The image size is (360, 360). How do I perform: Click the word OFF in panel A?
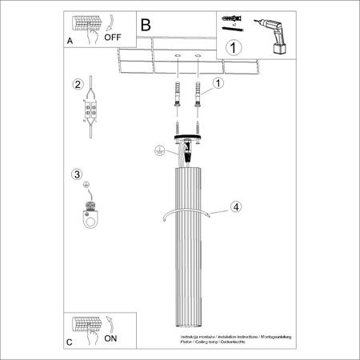pyautogui.click(x=114, y=35)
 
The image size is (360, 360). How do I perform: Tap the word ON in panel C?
pyautogui.click(x=111, y=339)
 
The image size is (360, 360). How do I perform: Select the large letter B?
pyautogui.click(x=146, y=25)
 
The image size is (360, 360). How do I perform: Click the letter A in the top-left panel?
pyautogui.click(x=70, y=38)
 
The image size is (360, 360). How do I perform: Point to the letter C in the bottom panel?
pyautogui.click(x=70, y=342)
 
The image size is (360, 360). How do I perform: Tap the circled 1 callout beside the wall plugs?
pyautogui.click(x=218, y=82)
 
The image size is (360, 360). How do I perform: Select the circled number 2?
pyautogui.click(x=78, y=85)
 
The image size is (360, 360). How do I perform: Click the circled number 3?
pyautogui.click(x=77, y=174)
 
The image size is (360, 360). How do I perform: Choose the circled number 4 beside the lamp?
pyautogui.click(x=235, y=207)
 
